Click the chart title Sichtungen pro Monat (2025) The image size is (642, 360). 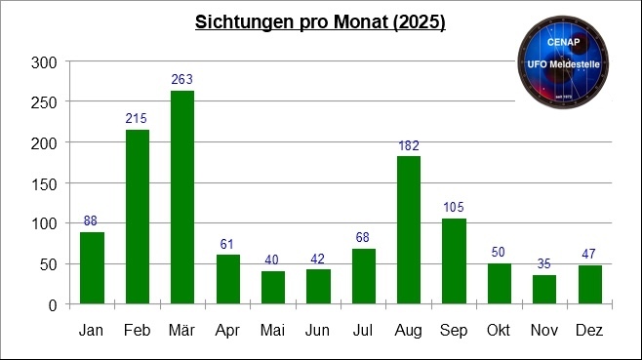(320, 22)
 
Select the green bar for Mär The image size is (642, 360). (182, 197)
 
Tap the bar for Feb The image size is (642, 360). (138, 217)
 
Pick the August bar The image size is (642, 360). (408, 230)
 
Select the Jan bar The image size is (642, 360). (93, 268)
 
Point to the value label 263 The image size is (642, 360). (182, 79)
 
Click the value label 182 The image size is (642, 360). (408, 145)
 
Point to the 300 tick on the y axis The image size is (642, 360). (45, 62)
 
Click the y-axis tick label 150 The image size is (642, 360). (45, 183)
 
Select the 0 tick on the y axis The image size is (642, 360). (53, 304)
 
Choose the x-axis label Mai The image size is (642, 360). (272, 332)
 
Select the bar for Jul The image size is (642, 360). (363, 276)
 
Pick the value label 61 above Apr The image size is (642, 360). (227, 244)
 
